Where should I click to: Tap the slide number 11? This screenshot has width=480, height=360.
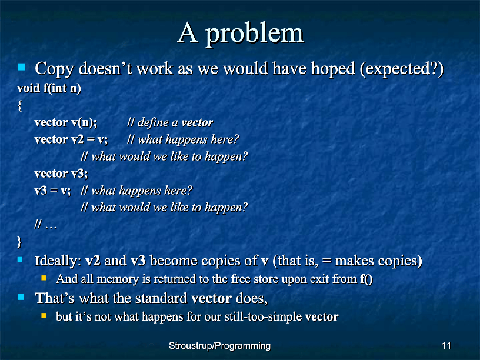446,346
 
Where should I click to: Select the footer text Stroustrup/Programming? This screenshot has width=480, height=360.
220,346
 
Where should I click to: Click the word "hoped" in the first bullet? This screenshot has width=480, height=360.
333,69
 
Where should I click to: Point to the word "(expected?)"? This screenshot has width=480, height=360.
402,69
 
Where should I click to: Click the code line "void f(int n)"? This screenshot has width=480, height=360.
49,88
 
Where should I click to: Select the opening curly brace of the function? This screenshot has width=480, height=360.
19,106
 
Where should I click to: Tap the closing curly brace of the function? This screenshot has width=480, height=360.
19,242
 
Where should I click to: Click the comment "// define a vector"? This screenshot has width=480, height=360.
170,122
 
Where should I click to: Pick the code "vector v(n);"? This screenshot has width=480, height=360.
66,122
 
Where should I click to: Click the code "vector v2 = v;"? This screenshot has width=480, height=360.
71,139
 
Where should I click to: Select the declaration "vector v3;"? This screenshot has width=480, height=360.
61,174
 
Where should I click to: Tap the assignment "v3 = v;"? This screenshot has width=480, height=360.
53,191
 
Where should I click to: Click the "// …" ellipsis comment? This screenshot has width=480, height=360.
46,225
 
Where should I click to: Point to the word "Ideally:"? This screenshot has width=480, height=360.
58,261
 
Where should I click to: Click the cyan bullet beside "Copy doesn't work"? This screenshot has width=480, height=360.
21,66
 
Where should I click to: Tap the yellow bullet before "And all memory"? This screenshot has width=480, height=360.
44,278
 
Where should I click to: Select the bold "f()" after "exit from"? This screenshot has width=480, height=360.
366,279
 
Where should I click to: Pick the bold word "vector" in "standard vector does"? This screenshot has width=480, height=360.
211,298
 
